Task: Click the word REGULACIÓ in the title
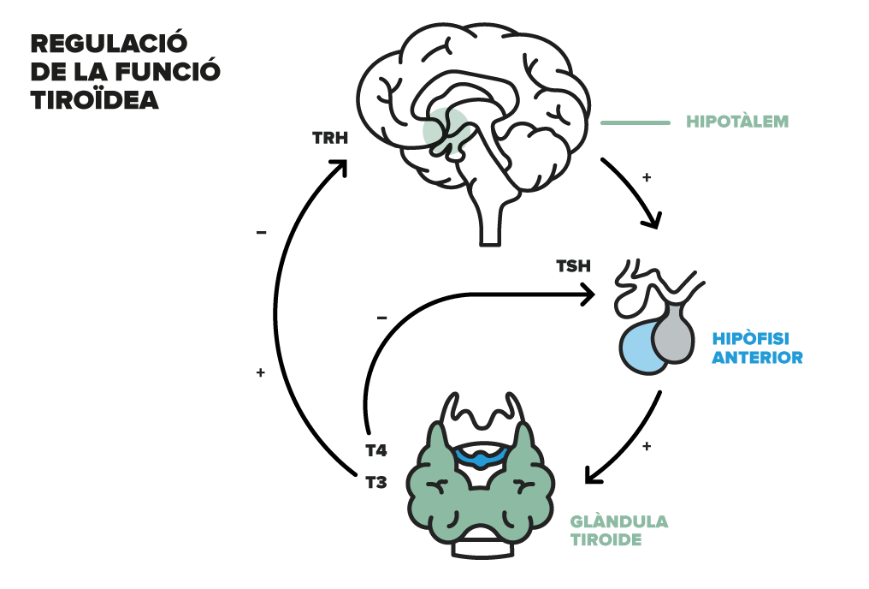point(109,44)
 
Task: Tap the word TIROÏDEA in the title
point(95,100)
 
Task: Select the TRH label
point(330,138)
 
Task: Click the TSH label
point(574,266)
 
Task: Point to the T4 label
point(376,450)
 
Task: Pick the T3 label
point(376,483)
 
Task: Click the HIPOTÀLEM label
point(737,122)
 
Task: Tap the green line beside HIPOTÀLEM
point(635,122)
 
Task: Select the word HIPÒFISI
point(750,338)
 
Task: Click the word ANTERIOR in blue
point(757,357)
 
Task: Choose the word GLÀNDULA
point(619,521)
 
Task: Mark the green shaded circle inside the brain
point(446,131)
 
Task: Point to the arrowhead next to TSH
point(588,294)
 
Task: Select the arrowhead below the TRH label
point(340,167)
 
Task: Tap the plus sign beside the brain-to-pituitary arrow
point(647,177)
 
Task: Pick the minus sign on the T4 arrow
point(381,318)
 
